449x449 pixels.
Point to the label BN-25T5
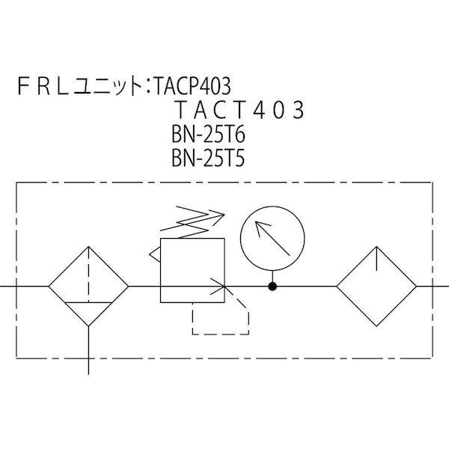198,159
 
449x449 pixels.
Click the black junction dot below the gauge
273,286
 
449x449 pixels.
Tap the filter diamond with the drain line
89,286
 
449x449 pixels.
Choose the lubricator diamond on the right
376,286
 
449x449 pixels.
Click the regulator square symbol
192,269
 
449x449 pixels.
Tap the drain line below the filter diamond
89,349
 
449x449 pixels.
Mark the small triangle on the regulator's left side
156,256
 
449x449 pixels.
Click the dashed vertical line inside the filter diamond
89,274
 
